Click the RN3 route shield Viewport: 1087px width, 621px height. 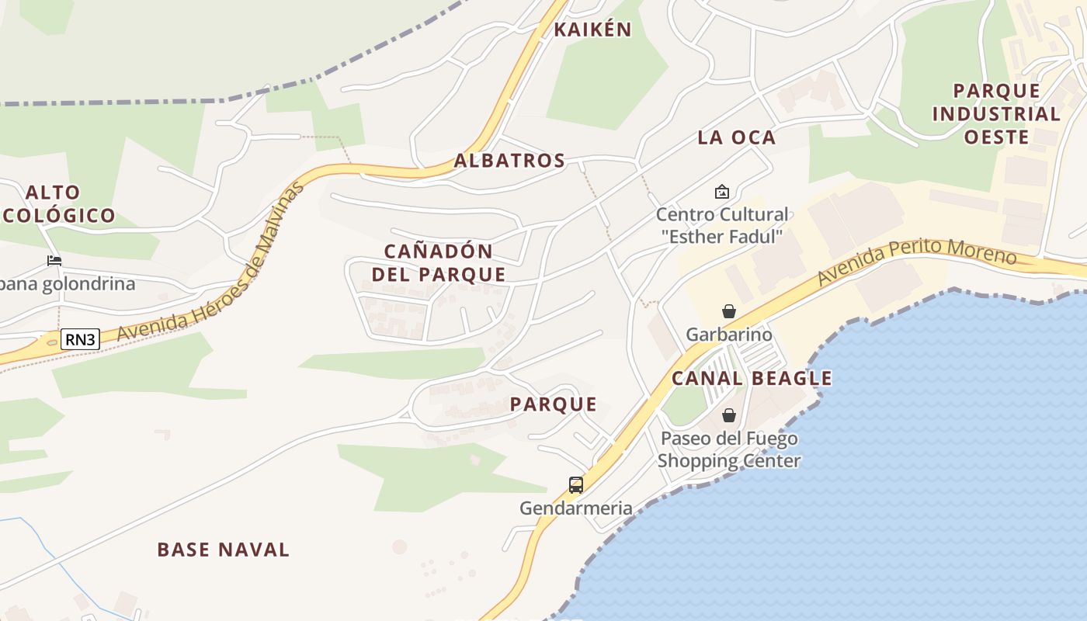point(81,339)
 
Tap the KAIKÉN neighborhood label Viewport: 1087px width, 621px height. point(592,29)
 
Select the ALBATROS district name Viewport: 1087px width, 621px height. point(509,161)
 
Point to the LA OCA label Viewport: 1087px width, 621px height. point(736,137)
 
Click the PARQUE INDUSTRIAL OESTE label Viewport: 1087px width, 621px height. point(996,113)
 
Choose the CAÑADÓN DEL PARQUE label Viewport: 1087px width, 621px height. point(439,262)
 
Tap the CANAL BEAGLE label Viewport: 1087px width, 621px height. point(752,378)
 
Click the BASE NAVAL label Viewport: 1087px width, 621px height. point(224,550)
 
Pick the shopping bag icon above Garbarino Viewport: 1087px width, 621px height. point(729,311)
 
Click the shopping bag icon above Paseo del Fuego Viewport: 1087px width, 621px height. point(729,415)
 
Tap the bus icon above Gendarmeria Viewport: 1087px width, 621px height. point(576,485)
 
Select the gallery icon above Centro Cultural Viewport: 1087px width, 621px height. point(722,191)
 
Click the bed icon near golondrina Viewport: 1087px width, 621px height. point(54,260)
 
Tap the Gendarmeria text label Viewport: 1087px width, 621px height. point(576,508)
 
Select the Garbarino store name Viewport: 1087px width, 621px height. point(729,335)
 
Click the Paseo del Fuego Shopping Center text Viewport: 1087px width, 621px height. point(729,449)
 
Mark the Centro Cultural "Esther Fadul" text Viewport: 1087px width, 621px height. point(722,225)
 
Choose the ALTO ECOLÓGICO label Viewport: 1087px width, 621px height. point(58,203)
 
